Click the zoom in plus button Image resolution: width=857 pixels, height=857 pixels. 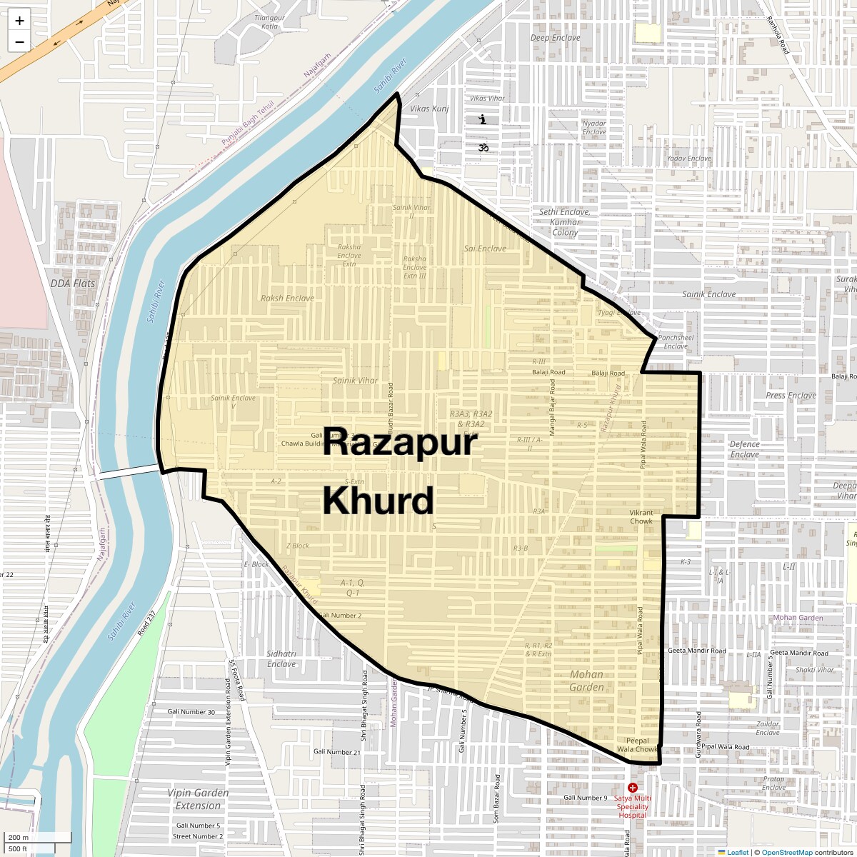(x=19, y=20)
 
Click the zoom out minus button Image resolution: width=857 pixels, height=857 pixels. (x=19, y=41)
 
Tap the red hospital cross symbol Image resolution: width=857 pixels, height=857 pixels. (x=633, y=787)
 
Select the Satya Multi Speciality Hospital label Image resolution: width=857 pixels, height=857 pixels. (x=633, y=806)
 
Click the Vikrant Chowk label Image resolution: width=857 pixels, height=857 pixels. (x=641, y=517)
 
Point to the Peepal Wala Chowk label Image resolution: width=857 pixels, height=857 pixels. (x=637, y=745)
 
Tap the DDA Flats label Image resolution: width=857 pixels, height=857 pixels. (x=73, y=284)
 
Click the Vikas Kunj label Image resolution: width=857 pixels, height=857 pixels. (x=430, y=109)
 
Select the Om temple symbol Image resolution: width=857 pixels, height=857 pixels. (x=483, y=148)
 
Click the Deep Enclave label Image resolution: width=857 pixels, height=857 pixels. (x=556, y=38)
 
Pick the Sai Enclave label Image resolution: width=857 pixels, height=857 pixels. (x=485, y=249)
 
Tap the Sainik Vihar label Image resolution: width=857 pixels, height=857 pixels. (x=356, y=381)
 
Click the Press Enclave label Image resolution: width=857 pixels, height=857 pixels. (x=791, y=395)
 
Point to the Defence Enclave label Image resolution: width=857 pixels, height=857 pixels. (x=745, y=449)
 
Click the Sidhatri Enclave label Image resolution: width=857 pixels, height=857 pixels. (x=281, y=658)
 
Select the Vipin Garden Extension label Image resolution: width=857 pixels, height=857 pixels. (x=199, y=799)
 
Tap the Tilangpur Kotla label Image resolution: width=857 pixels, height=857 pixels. (x=269, y=22)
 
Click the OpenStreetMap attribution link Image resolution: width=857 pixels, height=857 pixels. (x=787, y=852)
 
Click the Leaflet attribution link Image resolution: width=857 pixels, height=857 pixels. (x=738, y=852)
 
